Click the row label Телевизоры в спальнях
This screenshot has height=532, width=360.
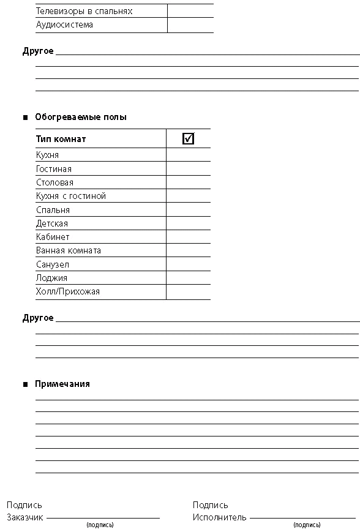pyautogui.click(x=84, y=11)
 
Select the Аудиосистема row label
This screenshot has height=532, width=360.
pyautogui.click(x=64, y=24)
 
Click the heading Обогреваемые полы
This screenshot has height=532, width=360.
pyautogui.click(x=81, y=117)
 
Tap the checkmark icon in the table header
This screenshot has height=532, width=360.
pyautogui.click(x=189, y=138)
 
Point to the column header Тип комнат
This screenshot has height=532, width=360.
pyautogui.click(x=61, y=139)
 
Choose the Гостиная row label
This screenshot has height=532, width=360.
pyautogui.click(x=54, y=169)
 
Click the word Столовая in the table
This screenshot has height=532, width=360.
pyautogui.click(x=54, y=182)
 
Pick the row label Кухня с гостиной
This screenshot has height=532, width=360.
pyautogui.click(x=71, y=196)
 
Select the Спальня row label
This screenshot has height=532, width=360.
pyautogui.click(x=53, y=210)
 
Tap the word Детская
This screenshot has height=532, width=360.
pyautogui.click(x=52, y=223)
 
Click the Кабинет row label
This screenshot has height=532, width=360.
pyautogui.click(x=53, y=237)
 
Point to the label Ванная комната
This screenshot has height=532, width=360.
pyautogui.click(x=69, y=250)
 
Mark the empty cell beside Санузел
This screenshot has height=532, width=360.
pyautogui.click(x=189, y=264)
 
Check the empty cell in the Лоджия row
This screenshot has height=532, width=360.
pyautogui.click(x=189, y=277)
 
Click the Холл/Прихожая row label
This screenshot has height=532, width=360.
pyautogui.click(x=68, y=291)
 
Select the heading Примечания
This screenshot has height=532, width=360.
pyautogui.click(x=62, y=384)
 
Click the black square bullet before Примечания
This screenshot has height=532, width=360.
pyautogui.click(x=26, y=384)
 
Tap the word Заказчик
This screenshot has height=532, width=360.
pyautogui.click(x=25, y=517)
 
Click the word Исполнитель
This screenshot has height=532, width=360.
pyautogui.click(x=220, y=517)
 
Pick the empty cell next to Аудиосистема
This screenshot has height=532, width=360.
pyautogui.click(x=190, y=25)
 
